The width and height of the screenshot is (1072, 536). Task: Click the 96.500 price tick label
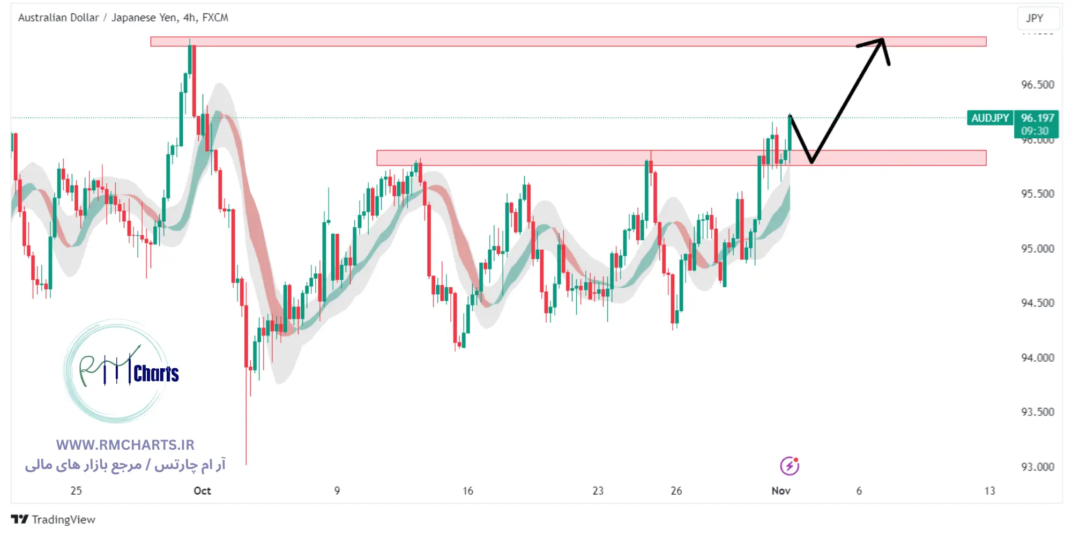click(1037, 85)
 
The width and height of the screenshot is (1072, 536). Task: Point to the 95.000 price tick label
click(1037, 249)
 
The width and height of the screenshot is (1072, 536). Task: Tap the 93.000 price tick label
click(1037, 467)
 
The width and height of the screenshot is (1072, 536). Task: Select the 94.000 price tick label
click(1037, 358)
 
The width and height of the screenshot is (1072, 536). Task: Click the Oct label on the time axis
click(202, 491)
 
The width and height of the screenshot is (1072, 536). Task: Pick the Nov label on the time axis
click(780, 491)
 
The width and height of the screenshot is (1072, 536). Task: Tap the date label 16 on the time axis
click(468, 491)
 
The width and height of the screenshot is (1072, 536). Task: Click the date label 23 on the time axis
click(598, 491)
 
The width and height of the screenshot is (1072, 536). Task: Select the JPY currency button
click(1034, 18)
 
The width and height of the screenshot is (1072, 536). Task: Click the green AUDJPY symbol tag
click(989, 118)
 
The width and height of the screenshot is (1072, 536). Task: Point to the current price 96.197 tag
click(1037, 118)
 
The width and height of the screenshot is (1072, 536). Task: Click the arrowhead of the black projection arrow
click(881, 41)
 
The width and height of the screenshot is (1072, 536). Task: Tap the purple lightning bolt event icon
click(789, 466)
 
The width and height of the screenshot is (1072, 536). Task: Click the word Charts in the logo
click(156, 374)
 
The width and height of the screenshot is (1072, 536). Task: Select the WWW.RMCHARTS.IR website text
click(125, 445)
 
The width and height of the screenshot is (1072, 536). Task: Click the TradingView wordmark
click(63, 519)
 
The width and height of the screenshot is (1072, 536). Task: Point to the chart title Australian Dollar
click(58, 18)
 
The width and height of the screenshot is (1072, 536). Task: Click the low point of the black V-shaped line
click(812, 161)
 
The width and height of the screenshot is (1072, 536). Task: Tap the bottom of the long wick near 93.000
click(246, 463)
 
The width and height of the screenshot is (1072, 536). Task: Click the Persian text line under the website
click(125, 465)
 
